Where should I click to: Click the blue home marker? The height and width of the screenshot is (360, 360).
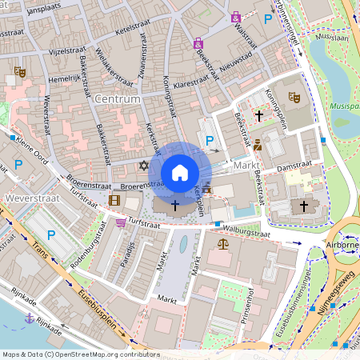click(180, 173)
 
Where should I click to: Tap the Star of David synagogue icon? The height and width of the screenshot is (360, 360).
click(144, 165)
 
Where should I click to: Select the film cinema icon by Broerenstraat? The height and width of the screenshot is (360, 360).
click(115, 200)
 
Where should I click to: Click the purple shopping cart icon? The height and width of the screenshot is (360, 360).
click(121, 222)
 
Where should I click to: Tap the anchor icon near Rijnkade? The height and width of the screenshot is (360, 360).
click(30, 318)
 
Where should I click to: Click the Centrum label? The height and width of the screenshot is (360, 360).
click(117, 99)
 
